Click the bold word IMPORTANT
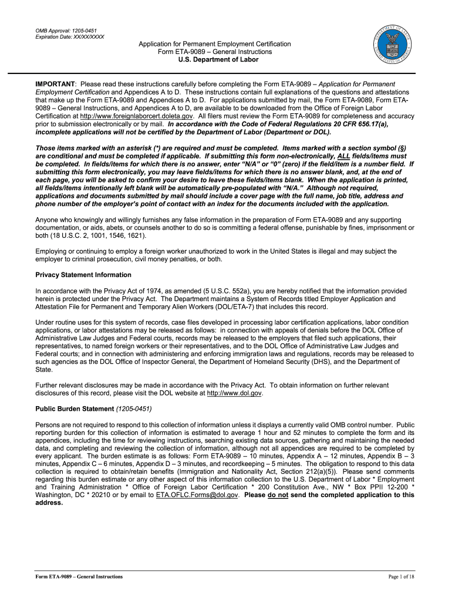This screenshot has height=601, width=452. click(55, 85)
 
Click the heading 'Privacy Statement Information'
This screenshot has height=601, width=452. click(83, 275)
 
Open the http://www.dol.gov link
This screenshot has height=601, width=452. click(235, 393)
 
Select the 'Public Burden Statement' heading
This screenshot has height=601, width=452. click(75, 408)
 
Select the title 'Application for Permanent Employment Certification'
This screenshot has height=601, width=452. click(214, 45)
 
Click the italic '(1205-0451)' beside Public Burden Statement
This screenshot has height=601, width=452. click(133, 408)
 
